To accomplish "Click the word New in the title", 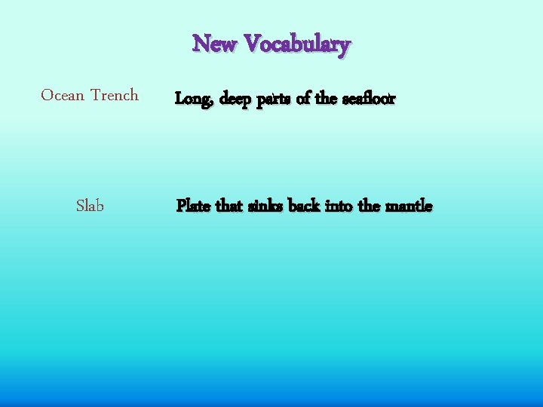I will (214, 44).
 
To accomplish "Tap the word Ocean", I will (63, 95).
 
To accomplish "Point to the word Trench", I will (115, 95).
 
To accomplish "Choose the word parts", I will (275, 99).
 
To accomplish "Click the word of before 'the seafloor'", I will (304, 98).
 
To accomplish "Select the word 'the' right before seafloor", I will (327, 98).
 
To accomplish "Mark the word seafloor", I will (368, 98).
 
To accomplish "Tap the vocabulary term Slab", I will (90, 205).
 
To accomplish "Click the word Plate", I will (194, 205).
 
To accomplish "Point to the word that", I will (229, 205).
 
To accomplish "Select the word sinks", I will (265, 205).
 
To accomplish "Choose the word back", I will (304, 205).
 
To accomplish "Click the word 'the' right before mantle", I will (369, 205).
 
